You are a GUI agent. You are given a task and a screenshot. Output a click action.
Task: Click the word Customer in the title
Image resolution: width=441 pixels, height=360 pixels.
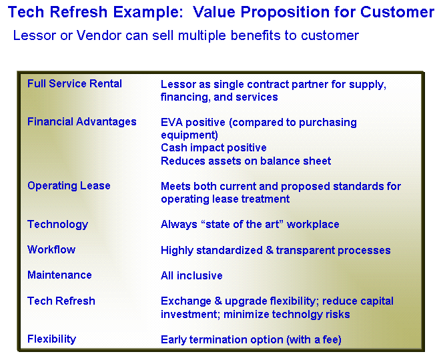click(x=397, y=12)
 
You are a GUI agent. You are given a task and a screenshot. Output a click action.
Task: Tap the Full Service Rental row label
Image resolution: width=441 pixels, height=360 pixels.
click(x=75, y=83)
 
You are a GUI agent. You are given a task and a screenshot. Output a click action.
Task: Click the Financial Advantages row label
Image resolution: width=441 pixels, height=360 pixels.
click(x=82, y=122)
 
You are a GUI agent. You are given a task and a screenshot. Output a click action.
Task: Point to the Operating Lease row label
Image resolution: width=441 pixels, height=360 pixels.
click(x=69, y=186)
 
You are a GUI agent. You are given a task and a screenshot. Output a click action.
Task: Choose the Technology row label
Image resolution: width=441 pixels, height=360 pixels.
click(x=57, y=225)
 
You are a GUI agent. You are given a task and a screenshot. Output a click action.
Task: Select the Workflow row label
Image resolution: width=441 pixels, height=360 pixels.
click(x=51, y=249)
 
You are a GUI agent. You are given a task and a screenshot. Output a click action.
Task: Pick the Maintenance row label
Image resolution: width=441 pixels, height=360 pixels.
click(x=59, y=275)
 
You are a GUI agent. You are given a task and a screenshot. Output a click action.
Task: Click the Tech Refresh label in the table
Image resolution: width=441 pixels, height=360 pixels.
click(x=61, y=301)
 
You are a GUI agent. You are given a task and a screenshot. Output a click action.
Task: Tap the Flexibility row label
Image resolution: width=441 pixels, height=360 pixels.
click(x=52, y=339)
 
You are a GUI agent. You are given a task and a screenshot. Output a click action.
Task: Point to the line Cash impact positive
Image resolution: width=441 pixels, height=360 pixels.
click(x=213, y=147)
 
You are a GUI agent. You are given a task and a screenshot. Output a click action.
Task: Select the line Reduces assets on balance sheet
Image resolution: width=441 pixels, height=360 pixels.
click(x=246, y=161)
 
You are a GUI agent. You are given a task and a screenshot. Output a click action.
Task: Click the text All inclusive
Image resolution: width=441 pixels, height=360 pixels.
click(x=191, y=275)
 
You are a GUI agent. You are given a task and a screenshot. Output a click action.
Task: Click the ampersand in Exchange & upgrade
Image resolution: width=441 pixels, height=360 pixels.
click(x=218, y=301)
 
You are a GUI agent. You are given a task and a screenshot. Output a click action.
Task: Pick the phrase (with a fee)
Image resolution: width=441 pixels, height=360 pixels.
click(x=314, y=340)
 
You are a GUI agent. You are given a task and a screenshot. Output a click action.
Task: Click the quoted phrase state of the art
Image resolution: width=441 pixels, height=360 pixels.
click(x=243, y=224)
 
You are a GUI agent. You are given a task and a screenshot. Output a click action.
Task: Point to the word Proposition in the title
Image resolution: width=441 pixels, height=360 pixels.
click(x=285, y=13)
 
